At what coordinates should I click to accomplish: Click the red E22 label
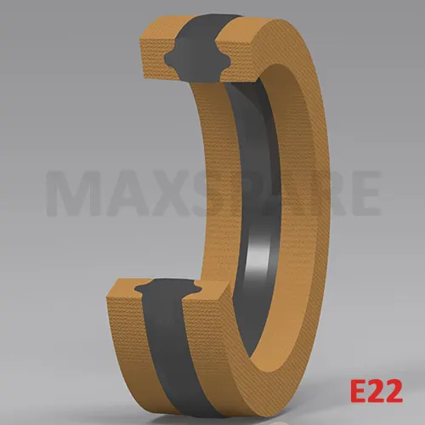377,391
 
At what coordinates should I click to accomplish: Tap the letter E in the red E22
359,391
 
